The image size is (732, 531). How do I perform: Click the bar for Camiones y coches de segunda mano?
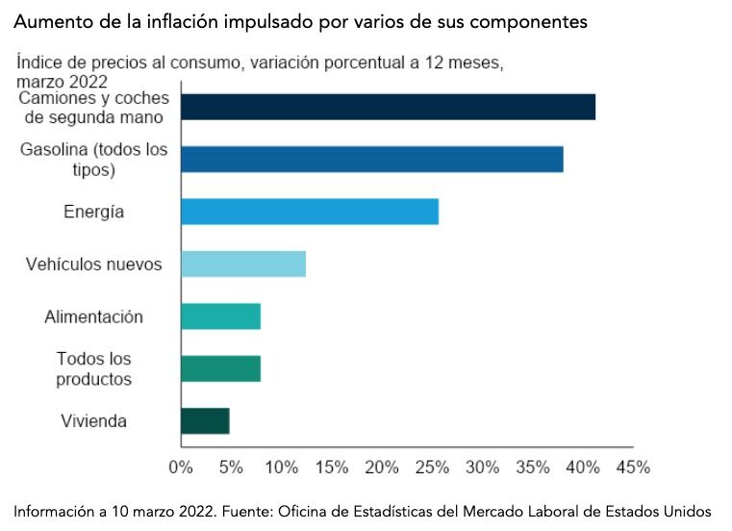(x=388, y=107)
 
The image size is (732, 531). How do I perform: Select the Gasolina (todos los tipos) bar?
(x=371, y=159)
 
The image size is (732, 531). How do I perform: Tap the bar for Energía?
(x=309, y=212)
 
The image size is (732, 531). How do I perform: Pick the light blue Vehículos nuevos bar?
(x=242, y=264)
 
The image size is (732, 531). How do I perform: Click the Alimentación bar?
(x=220, y=316)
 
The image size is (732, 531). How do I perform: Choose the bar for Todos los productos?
(x=220, y=368)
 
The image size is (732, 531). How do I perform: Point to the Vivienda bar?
(x=205, y=421)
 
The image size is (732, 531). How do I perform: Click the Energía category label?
(x=93, y=212)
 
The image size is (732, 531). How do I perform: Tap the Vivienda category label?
(x=93, y=421)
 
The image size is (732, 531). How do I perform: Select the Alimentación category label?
(x=93, y=316)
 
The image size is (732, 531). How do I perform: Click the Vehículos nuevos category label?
(x=93, y=264)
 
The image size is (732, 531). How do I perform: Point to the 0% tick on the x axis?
(x=181, y=468)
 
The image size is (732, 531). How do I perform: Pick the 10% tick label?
(x=281, y=468)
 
